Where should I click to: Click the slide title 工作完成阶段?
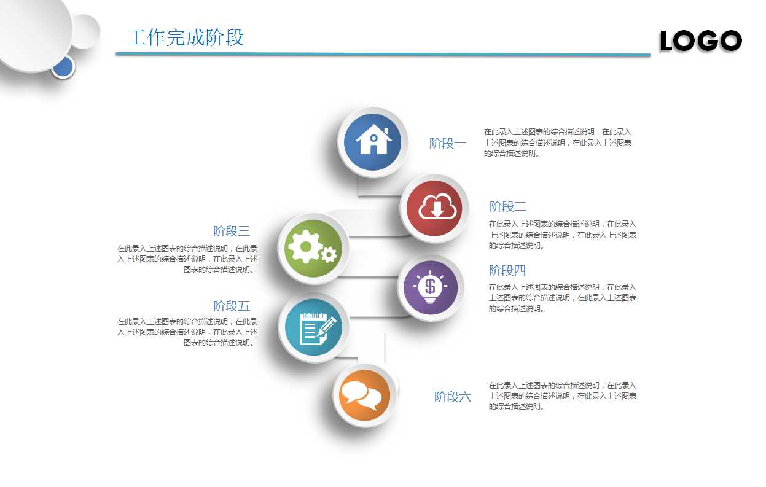186,37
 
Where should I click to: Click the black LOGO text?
701,41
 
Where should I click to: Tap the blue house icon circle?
373,142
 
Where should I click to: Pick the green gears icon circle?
313,248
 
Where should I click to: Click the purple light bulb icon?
430,287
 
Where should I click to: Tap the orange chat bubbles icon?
364,395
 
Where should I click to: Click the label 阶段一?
448,144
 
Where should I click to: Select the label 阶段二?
508,206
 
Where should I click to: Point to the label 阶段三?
232,232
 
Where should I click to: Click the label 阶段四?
507,270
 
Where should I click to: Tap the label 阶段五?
232,306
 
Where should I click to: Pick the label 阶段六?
453,397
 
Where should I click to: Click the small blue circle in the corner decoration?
63,67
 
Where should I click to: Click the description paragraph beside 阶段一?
557,142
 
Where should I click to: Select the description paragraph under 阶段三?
188,259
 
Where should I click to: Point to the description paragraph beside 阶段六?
562,395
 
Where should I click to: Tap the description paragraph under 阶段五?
188,332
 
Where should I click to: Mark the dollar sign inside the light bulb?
430,286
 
